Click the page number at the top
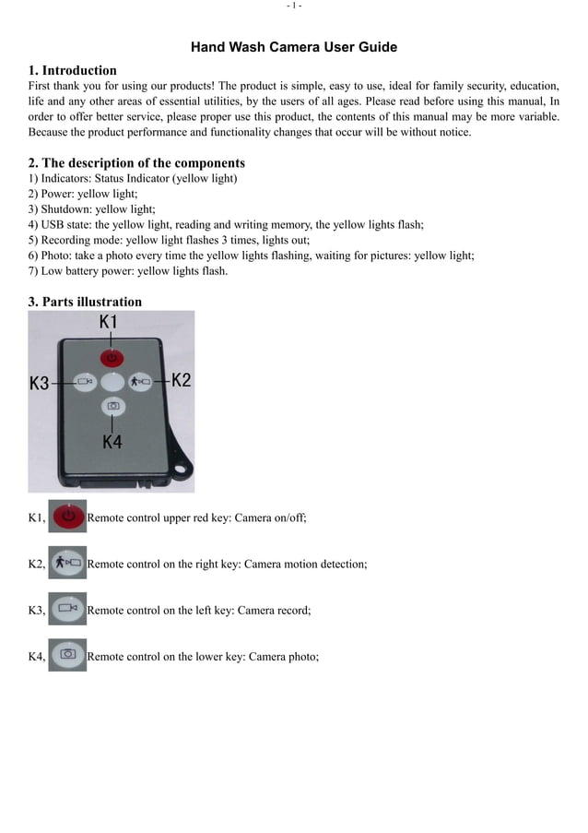[294, 6]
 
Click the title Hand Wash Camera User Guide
[294, 47]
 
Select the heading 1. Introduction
[73, 70]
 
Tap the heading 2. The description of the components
[136, 163]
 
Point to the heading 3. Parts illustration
[85, 302]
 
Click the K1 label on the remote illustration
[109, 322]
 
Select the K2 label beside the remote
[181, 380]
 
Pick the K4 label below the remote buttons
[112, 442]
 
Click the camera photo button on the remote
[112, 406]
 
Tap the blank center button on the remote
[112, 381]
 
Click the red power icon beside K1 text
[67, 517]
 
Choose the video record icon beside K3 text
[67, 609]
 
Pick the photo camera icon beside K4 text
[67, 655]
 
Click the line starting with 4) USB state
[226, 224]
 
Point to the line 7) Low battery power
[128, 271]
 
